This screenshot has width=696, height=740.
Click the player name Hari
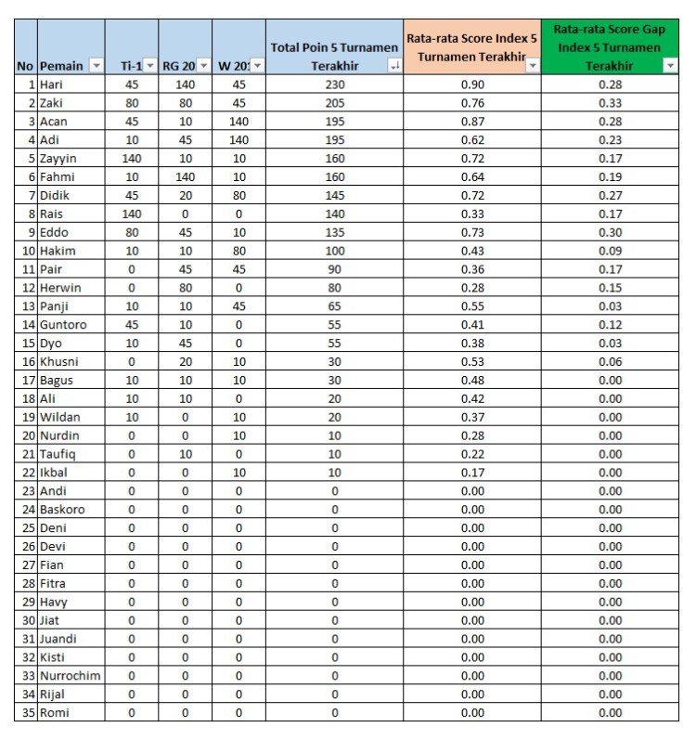point(52,84)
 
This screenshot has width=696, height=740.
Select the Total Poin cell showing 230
point(334,84)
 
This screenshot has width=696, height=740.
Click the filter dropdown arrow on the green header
point(670,66)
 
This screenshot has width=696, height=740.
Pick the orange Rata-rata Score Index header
point(471,46)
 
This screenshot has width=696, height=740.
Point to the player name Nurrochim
point(70,675)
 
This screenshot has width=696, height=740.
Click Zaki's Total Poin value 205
point(334,103)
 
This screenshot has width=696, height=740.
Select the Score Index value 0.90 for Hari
point(471,84)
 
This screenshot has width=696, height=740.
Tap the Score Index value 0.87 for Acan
point(471,122)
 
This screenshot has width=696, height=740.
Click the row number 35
point(26,712)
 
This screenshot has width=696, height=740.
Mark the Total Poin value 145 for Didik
point(334,195)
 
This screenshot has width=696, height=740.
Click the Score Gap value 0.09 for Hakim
point(610,251)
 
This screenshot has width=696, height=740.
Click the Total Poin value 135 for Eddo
point(334,232)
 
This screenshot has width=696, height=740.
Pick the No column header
point(25,65)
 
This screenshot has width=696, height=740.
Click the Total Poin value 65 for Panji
point(334,306)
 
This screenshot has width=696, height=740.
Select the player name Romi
point(54,712)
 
